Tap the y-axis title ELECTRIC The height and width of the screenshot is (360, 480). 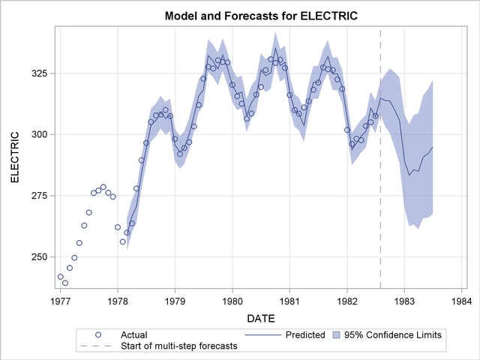[14, 158]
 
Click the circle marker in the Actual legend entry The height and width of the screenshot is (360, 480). [98, 334]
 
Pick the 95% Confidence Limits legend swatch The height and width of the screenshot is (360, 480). [337, 334]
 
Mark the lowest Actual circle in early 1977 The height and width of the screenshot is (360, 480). [65, 283]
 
